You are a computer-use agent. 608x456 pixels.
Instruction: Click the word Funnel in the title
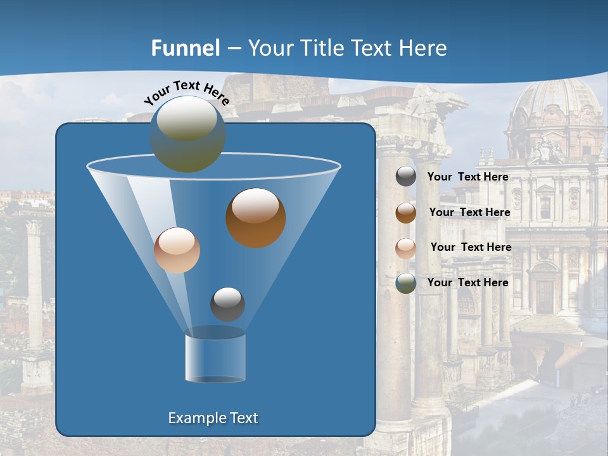click(186, 48)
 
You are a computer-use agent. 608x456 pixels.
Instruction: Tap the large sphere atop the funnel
click(187, 134)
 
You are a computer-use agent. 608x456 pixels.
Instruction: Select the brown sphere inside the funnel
click(256, 217)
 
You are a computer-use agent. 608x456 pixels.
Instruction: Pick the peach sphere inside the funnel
click(177, 250)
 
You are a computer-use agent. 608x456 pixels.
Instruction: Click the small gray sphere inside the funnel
click(227, 304)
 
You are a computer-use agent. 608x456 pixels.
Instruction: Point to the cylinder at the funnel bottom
click(215, 357)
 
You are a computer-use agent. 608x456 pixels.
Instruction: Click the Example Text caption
click(213, 418)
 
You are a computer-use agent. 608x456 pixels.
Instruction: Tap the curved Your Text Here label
click(186, 92)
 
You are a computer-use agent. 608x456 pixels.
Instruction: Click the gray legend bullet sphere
click(406, 177)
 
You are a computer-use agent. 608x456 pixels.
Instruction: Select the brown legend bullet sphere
click(406, 212)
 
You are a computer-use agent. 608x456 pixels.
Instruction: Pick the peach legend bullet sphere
click(406, 248)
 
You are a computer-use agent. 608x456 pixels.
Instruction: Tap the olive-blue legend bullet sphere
click(406, 283)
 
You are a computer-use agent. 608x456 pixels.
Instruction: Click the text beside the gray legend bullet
click(468, 177)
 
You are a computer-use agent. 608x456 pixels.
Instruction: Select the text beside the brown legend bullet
click(469, 212)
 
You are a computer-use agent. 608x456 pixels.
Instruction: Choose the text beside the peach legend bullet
click(471, 247)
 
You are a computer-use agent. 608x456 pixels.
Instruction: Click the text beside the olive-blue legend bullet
click(468, 282)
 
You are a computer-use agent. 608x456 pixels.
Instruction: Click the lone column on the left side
click(35, 285)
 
